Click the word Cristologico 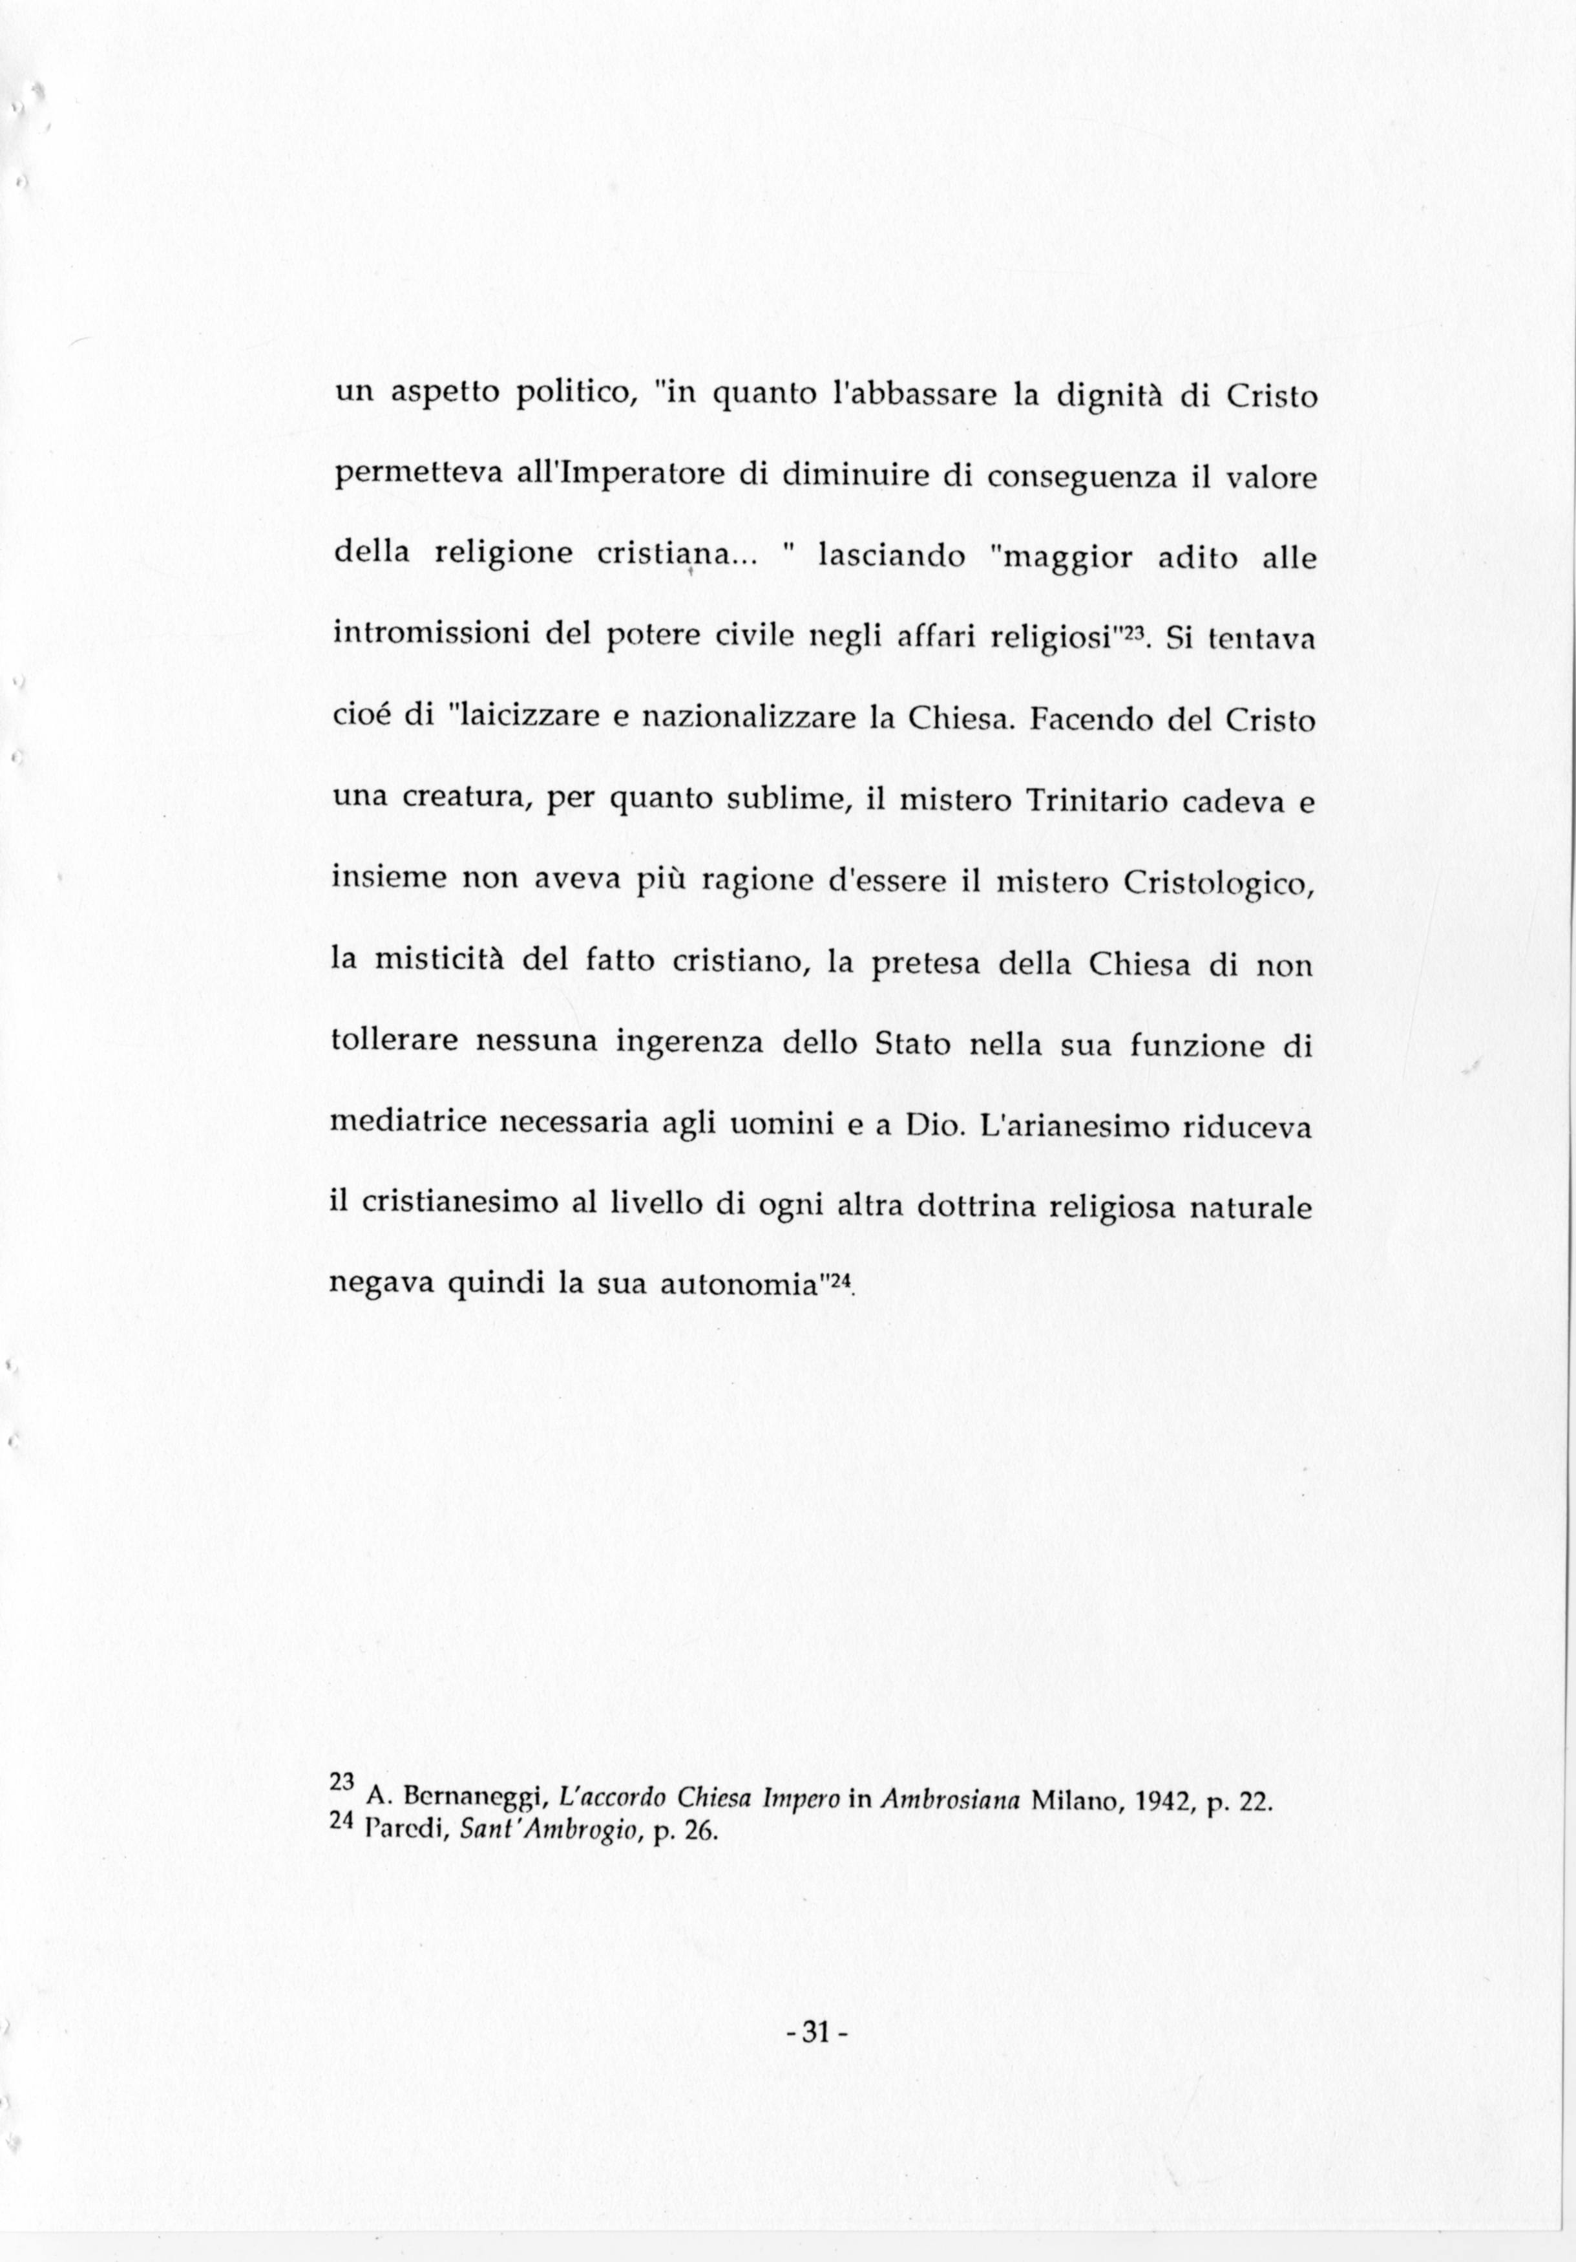coord(1219,882)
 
